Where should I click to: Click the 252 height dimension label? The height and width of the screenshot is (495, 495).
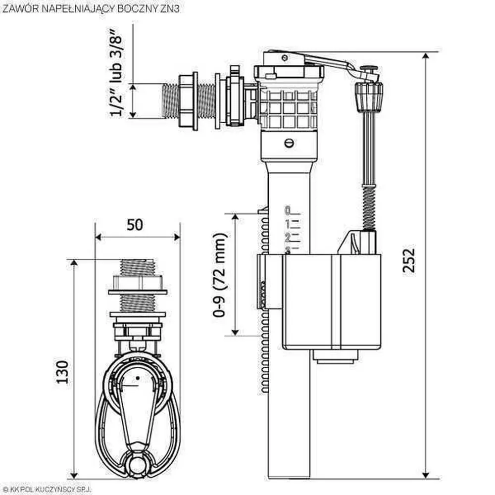408,260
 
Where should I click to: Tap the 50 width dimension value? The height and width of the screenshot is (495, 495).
135,224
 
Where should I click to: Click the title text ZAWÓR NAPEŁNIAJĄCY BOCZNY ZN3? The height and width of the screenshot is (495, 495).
90,9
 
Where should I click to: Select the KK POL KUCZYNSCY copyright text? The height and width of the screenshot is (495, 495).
45,488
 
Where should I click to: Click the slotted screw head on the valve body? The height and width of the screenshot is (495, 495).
289,143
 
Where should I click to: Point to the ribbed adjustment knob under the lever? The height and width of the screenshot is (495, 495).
369,97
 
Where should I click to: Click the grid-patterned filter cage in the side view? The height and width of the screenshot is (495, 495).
288,108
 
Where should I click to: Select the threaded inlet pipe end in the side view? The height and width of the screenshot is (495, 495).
171,101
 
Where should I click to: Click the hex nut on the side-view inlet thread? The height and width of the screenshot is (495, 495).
189,101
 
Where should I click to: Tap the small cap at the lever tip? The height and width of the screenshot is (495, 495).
369,69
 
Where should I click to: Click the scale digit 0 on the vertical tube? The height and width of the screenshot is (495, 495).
287,210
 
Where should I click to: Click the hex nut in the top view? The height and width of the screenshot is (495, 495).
138,283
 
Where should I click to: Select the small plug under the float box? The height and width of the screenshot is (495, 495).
335,356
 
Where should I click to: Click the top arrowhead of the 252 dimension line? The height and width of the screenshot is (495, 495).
426,56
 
